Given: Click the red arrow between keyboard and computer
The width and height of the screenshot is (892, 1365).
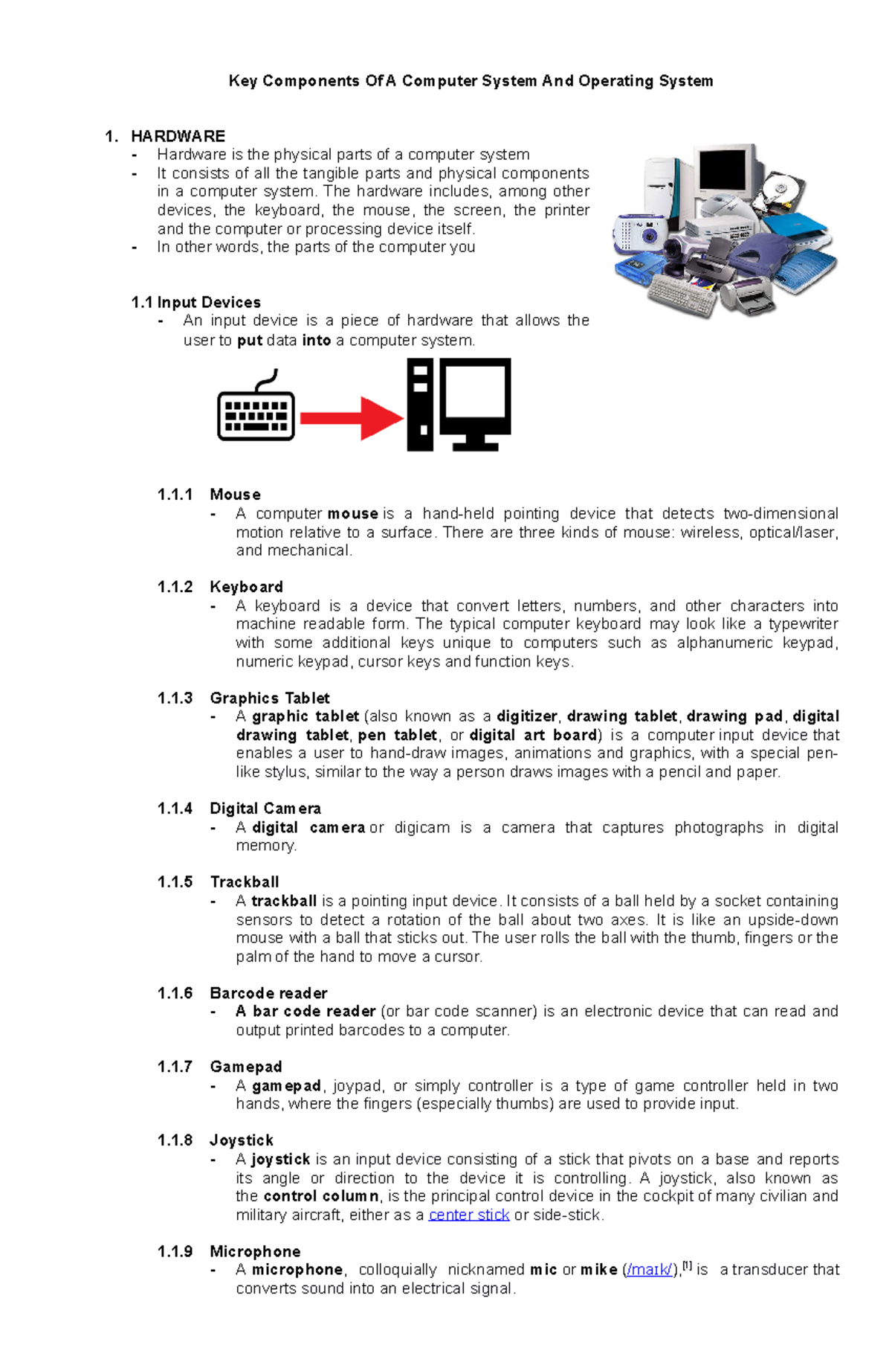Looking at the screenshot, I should [349, 418].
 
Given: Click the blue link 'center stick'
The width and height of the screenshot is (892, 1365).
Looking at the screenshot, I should [468, 1215].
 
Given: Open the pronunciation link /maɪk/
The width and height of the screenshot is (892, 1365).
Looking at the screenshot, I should [649, 1270].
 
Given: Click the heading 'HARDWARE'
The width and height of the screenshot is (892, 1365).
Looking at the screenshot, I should [178, 136].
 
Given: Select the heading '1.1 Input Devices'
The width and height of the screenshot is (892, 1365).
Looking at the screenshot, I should [195, 302].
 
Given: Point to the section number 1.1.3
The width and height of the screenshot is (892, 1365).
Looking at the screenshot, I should [175, 698].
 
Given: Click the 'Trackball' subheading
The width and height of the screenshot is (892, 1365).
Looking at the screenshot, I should [245, 882].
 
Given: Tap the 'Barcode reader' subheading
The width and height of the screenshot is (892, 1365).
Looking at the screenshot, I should [268, 993].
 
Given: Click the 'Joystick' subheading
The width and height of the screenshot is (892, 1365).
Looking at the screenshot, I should [242, 1140].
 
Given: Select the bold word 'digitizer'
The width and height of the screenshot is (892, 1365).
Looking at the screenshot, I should [527, 716].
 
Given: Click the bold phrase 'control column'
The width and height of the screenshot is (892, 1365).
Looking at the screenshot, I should [321, 1196].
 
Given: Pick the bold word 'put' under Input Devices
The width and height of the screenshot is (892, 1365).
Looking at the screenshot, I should [250, 341].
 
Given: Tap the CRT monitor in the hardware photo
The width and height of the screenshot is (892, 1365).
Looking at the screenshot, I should [725, 175].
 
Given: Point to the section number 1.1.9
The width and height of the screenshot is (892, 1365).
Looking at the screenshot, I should [175, 1251].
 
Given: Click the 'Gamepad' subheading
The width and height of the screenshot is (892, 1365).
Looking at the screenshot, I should [246, 1067].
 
